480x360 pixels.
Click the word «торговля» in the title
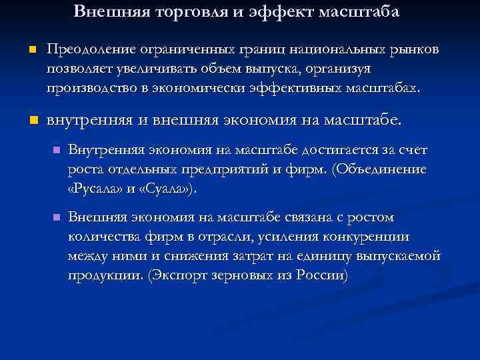[x=196, y=11]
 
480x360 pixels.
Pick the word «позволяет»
[x=79, y=69]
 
